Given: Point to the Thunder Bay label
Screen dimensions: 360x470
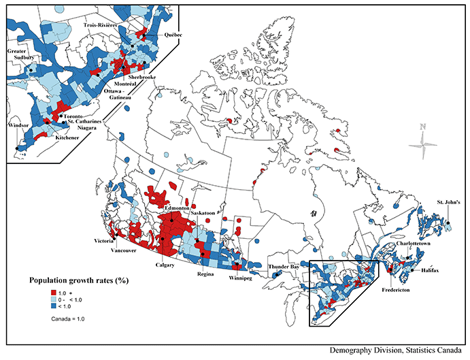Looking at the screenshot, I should coord(283,267).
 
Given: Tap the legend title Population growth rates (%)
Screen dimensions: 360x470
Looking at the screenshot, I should coord(80,280).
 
